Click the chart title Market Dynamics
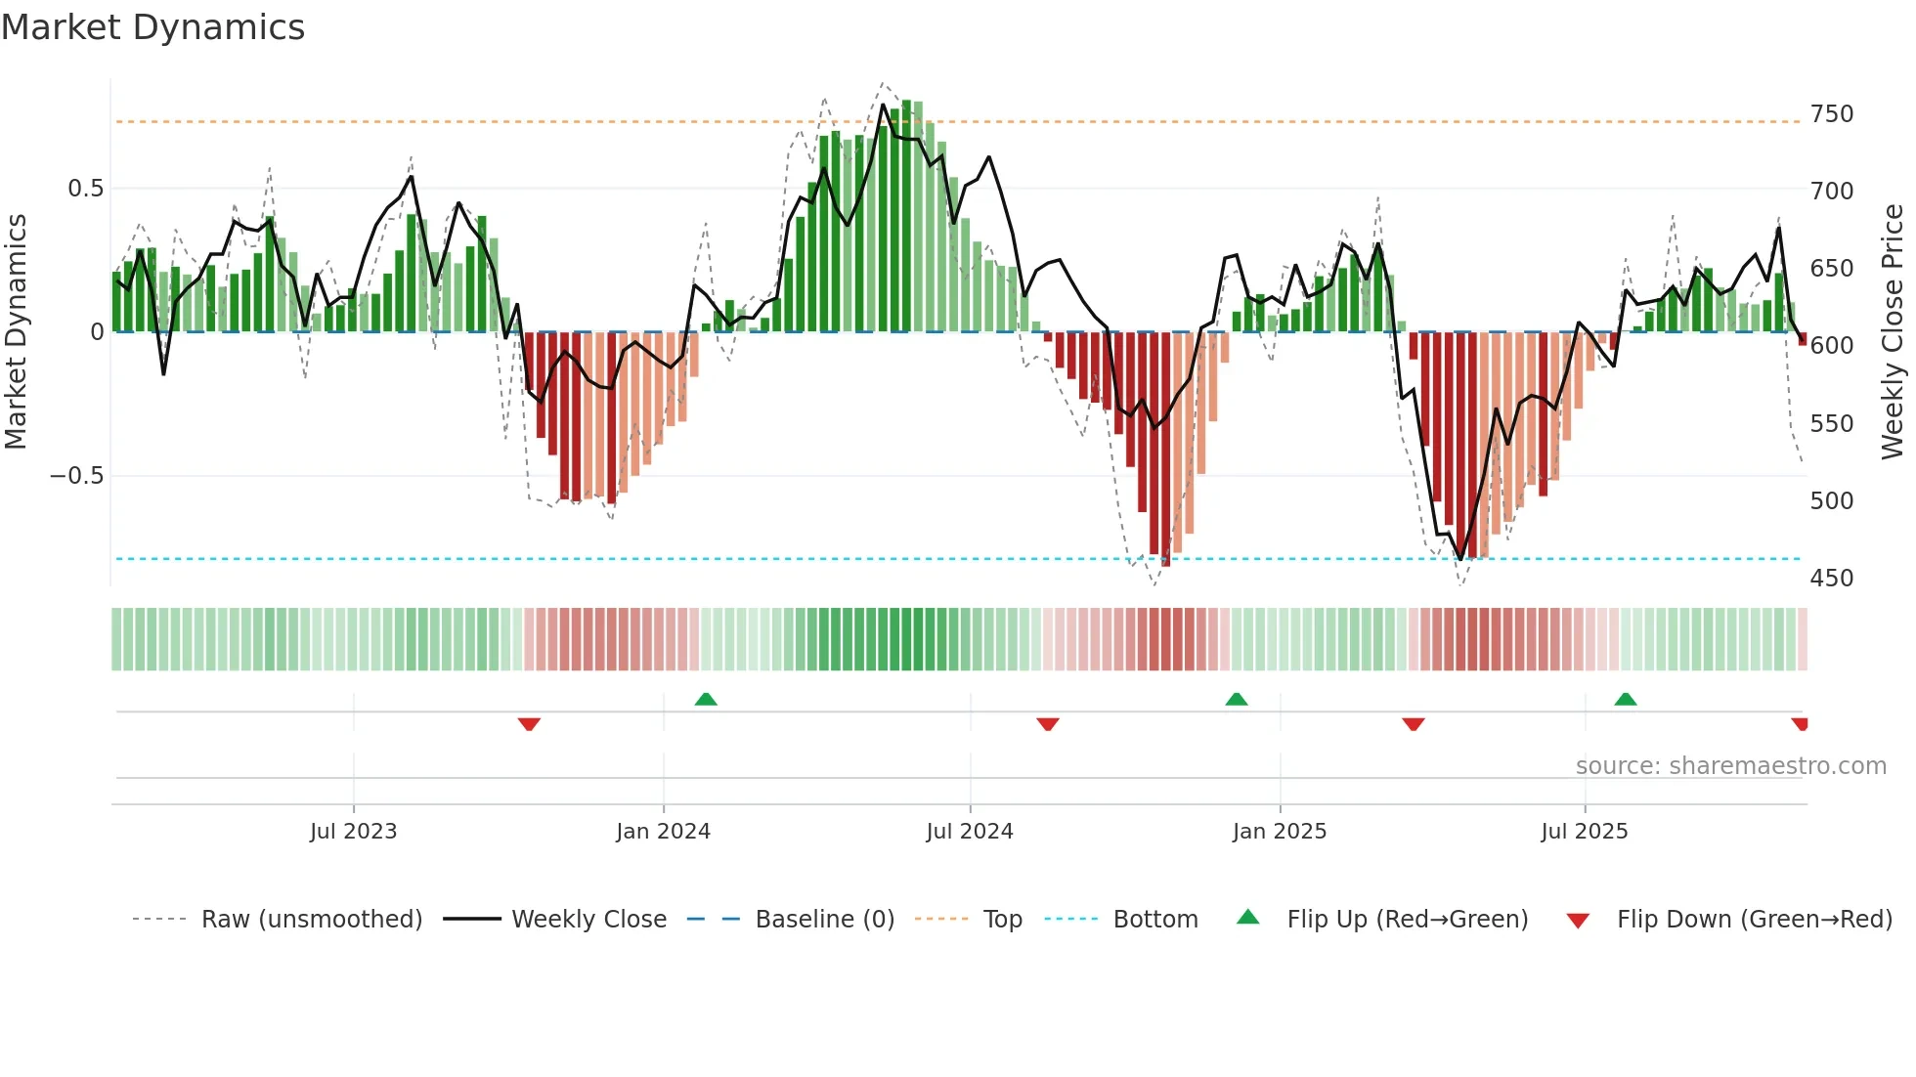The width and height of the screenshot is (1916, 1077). pos(153,27)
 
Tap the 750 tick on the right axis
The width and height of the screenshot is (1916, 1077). pos(1831,114)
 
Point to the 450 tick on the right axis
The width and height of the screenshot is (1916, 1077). pos(1831,579)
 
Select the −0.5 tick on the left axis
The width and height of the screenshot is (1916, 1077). pos(77,476)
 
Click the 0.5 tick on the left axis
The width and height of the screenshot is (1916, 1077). pos(85,189)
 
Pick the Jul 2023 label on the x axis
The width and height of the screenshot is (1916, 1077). pos(353,832)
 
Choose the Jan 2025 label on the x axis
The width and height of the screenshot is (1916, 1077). pos(1279,832)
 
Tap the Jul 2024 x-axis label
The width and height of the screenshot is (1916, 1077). pos(969,832)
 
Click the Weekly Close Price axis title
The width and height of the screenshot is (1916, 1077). pos(1893,332)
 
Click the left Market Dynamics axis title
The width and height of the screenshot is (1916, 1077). pos(17,332)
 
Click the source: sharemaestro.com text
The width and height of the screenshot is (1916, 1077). pos(1730,766)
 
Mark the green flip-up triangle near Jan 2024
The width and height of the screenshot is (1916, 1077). pos(706,699)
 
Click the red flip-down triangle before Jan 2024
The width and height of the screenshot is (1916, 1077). pos(529,724)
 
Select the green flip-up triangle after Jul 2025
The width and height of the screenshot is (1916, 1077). pos(1625,699)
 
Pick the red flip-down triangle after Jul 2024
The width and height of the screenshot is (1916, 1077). pos(1047,724)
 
